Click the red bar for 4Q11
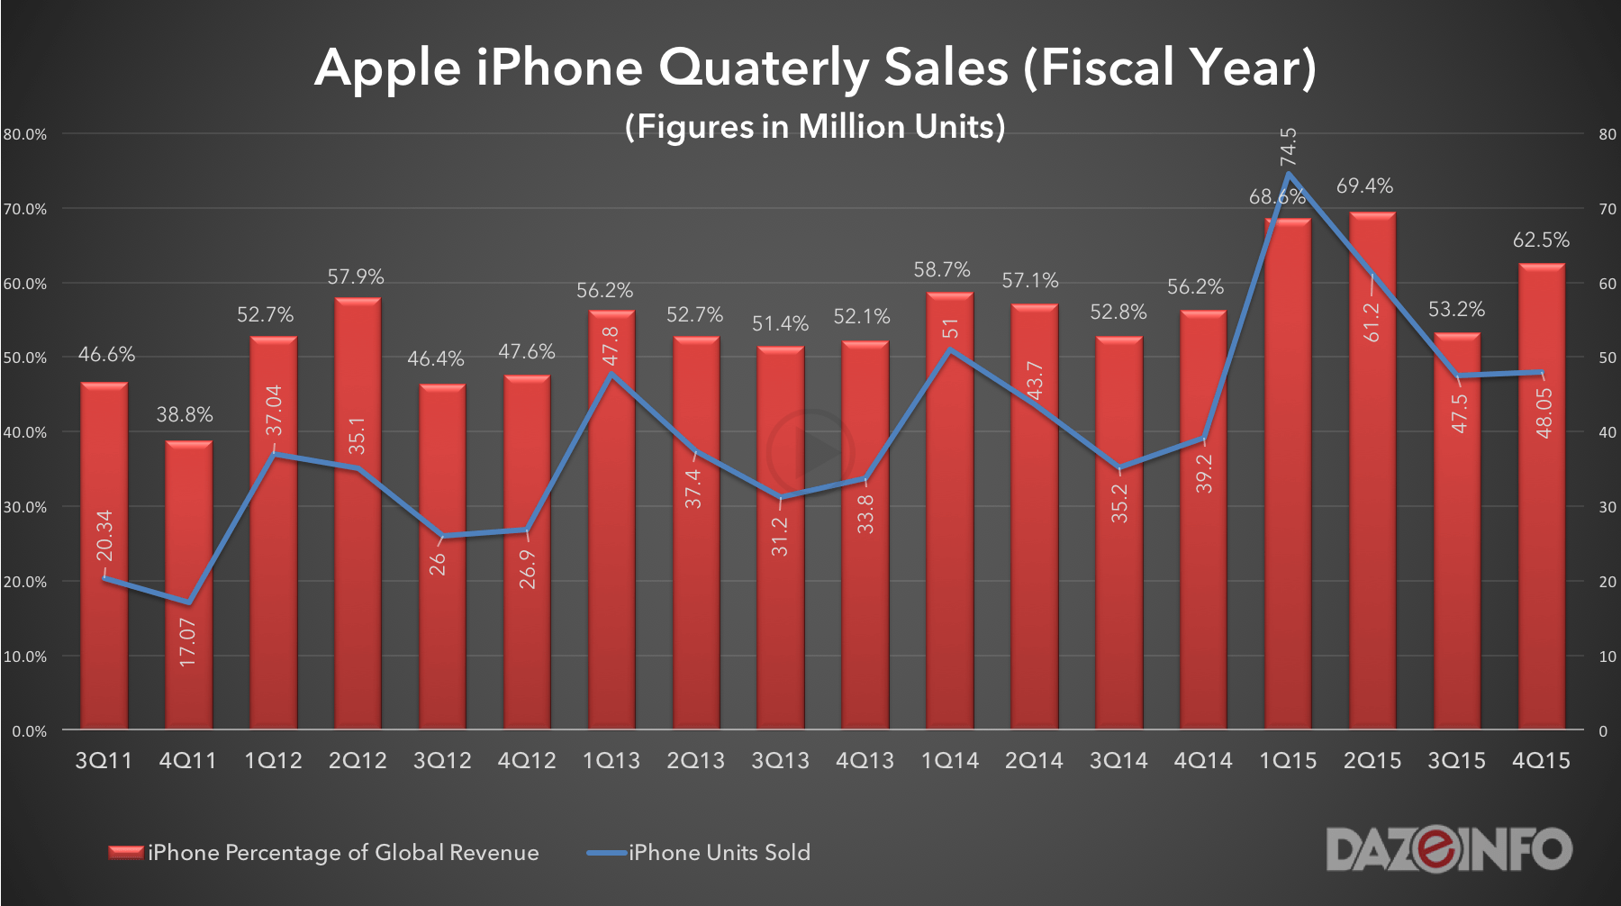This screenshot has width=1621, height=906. [188, 585]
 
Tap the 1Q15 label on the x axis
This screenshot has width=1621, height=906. [1288, 761]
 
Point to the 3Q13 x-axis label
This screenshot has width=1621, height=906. [780, 761]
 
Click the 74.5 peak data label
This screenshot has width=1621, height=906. [1289, 147]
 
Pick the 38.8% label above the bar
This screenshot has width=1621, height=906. [185, 415]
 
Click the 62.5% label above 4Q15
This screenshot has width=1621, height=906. [1541, 240]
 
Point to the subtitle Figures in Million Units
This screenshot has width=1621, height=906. [815, 127]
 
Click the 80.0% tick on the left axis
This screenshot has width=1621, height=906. [25, 135]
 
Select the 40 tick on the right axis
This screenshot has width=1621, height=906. [1607, 432]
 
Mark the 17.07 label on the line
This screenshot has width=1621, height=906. [187, 642]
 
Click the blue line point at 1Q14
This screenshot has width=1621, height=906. [950, 350]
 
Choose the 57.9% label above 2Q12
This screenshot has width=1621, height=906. [356, 277]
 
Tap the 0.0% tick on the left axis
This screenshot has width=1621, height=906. [29, 731]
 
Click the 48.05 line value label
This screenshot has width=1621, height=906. [1544, 413]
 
